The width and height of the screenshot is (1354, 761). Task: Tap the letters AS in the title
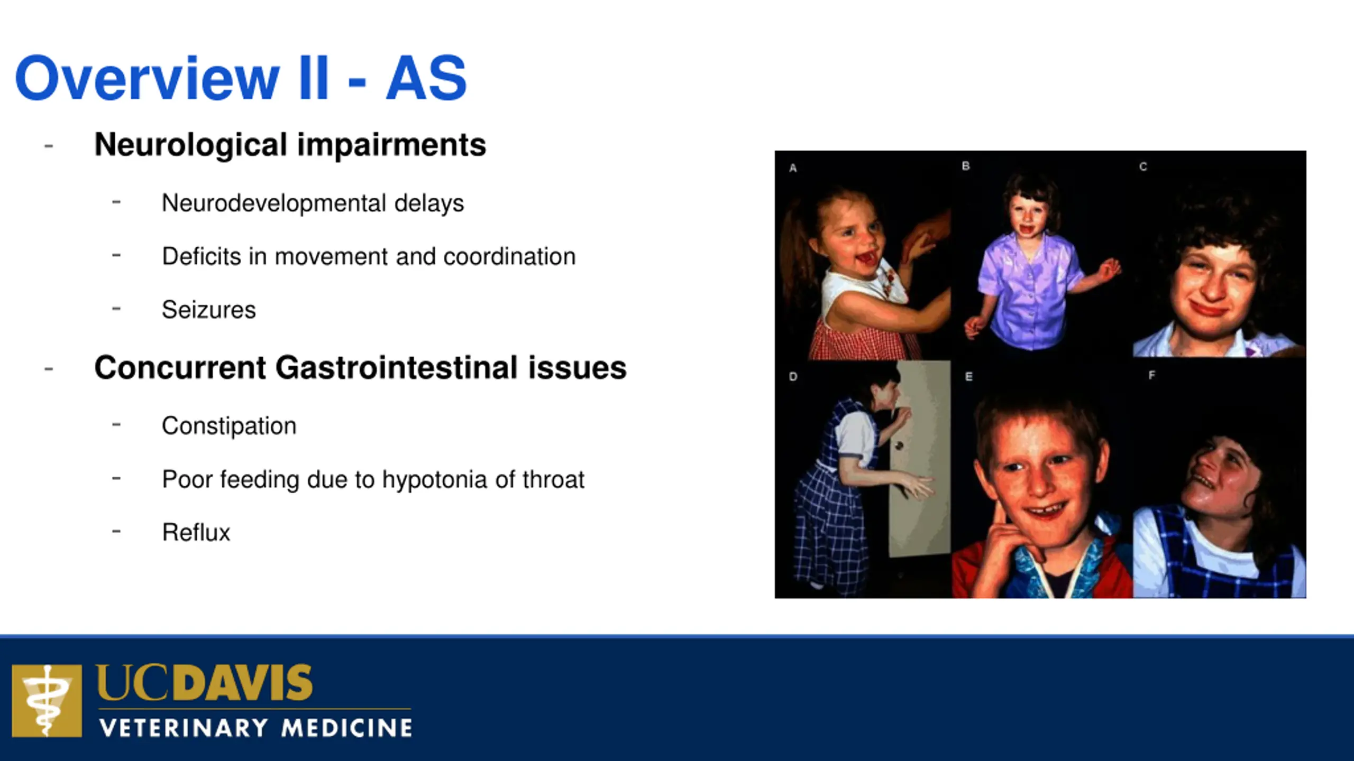click(426, 78)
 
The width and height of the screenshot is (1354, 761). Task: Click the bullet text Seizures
click(209, 310)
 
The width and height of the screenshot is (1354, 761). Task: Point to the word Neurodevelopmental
click(273, 203)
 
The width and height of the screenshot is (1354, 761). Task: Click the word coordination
click(509, 256)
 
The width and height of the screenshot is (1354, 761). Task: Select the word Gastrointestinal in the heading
click(396, 368)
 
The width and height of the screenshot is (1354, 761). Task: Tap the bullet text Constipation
click(229, 426)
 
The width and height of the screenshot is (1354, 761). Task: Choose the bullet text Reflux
click(196, 533)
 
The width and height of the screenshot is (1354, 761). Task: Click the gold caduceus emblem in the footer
click(47, 701)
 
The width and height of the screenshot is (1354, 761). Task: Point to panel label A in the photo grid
click(793, 168)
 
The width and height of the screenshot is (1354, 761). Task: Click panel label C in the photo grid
click(1143, 167)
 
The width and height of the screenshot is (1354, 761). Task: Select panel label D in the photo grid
click(793, 377)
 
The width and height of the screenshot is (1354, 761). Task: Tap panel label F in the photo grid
click(1152, 375)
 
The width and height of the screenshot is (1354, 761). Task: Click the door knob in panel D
click(899, 446)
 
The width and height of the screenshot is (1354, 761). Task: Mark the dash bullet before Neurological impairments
click(49, 146)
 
